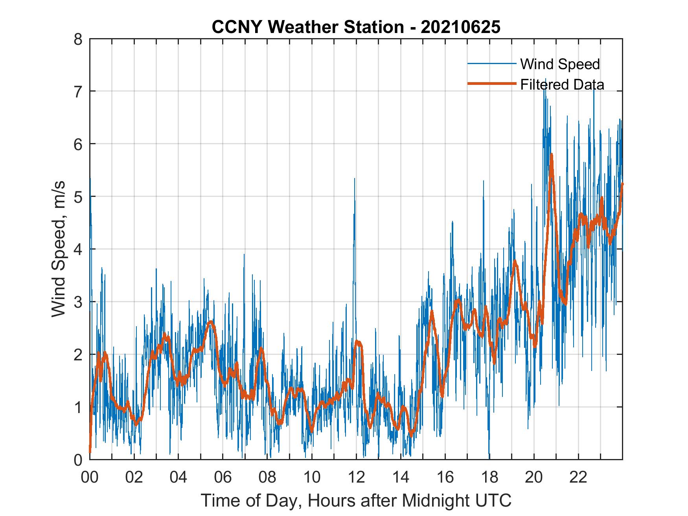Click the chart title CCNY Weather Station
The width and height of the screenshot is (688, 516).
pyautogui.click(x=307, y=27)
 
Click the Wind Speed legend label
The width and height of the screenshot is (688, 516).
pyautogui.click(x=560, y=64)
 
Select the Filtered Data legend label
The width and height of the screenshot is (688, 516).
pyautogui.click(x=562, y=84)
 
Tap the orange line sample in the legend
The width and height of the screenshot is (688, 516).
pyautogui.click(x=491, y=84)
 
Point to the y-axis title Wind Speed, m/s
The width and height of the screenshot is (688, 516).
pyautogui.click(x=58, y=249)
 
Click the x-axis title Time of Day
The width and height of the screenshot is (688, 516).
pyautogui.click(x=356, y=501)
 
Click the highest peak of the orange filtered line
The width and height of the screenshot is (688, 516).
pyautogui.click(x=552, y=154)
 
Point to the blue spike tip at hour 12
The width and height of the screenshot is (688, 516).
pyautogui.click(x=355, y=179)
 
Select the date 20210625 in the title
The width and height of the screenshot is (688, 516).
pyautogui.click(x=460, y=27)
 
